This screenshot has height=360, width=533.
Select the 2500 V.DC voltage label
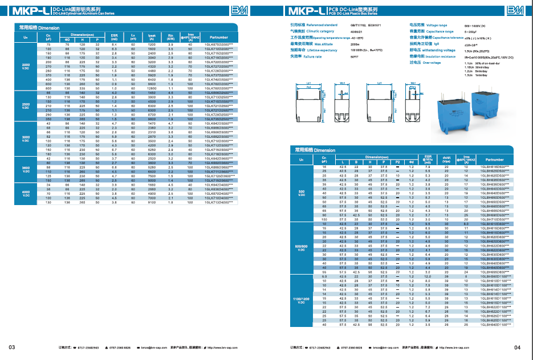click(26, 107)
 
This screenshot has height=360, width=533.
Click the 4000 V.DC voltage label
click(26, 193)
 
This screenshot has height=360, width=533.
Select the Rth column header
click(170, 38)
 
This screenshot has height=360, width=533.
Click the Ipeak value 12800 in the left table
click(152, 88)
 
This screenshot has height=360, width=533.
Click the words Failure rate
click(315, 56)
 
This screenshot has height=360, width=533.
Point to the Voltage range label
click(437, 25)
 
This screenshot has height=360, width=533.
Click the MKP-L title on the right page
click(307, 11)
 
